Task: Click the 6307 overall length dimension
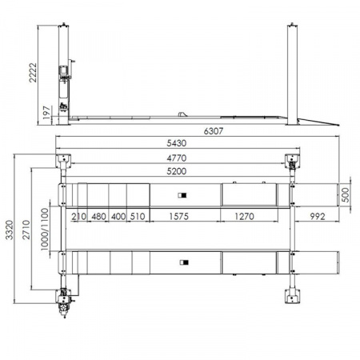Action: [214, 131]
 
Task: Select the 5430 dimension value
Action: [177, 143]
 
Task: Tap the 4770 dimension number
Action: [177, 158]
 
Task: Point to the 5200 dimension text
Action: [177, 171]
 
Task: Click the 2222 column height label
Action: [33, 73]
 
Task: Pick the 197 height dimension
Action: [46, 113]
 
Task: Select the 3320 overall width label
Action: [10, 230]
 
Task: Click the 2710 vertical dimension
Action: [26, 230]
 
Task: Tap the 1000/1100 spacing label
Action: [45, 230]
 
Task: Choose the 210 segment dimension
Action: [79, 216]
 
